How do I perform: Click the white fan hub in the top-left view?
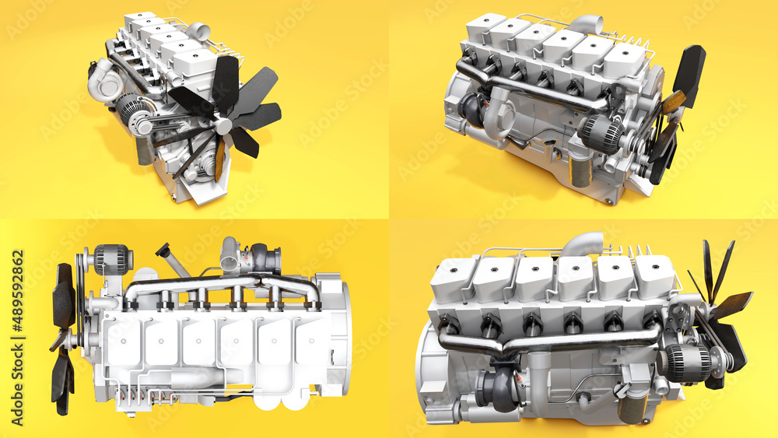pyautogui.click(x=223, y=125)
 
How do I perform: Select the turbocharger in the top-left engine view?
pyautogui.click(x=103, y=80)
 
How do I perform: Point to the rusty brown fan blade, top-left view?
pyautogui.click(x=220, y=159)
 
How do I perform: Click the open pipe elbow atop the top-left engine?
pyautogui.click(x=199, y=31)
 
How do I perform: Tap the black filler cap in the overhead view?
pyautogui.click(x=163, y=251)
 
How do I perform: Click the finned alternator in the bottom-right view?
pyautogui.click(x=687, y=363)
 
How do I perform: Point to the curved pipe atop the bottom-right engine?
pyautogui.click(x=582, y=244)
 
